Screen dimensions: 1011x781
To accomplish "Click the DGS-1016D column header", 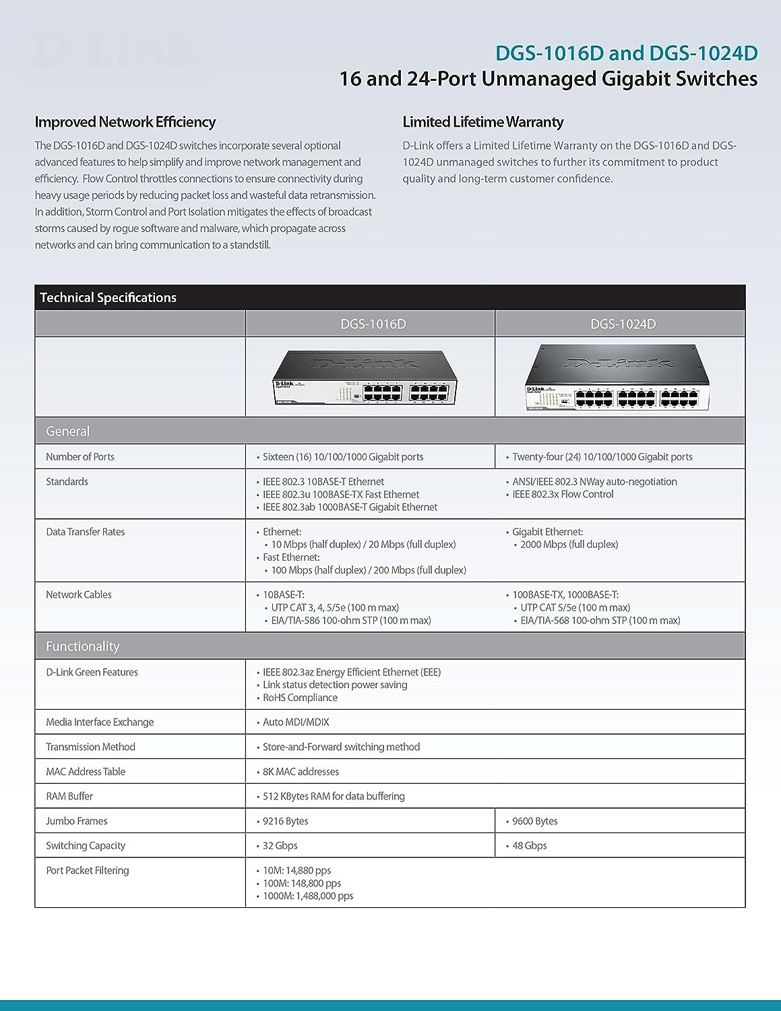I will click(x=373, y=324).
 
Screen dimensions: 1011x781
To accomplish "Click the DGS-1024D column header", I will click(x=623, y=324).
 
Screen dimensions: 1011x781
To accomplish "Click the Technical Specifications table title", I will click(x=108, y=298).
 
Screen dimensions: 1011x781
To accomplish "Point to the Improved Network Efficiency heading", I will click(x=125, y=122).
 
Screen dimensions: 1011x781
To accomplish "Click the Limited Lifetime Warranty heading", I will click(x=482, y=122).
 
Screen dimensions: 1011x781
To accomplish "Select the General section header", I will click(x=68, y=431).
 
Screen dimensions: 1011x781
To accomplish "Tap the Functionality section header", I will click(x=83, y=646).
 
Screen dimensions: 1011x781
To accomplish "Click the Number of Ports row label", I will click(x=80, y=457).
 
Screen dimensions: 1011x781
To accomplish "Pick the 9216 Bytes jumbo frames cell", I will click(x=286, y=821).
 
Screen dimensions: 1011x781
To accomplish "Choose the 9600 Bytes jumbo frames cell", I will click(x=535, y=821).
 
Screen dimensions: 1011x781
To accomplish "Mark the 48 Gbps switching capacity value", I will click(x=530, y=846).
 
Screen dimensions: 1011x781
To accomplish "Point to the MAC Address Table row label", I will click(x=86, y=772).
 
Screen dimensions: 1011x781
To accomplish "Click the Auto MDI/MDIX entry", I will click(x=296, y=722).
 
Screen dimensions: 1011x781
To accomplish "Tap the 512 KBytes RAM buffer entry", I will click(x=334, y=796).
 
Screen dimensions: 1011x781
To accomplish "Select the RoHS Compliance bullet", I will click(x=300, y=698).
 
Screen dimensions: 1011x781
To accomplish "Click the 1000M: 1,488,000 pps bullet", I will click(x=308, y=896).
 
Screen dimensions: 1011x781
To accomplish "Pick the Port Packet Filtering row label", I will click(x=88, y=870).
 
